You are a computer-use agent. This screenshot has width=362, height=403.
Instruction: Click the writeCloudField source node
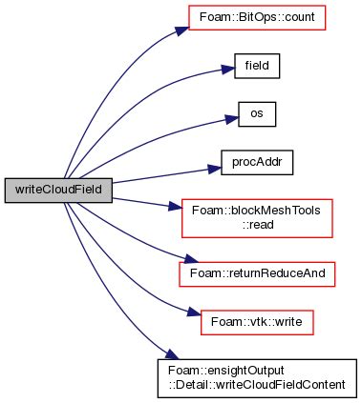[59, 190]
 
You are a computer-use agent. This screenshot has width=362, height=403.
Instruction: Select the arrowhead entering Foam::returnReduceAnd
[173, 261]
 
